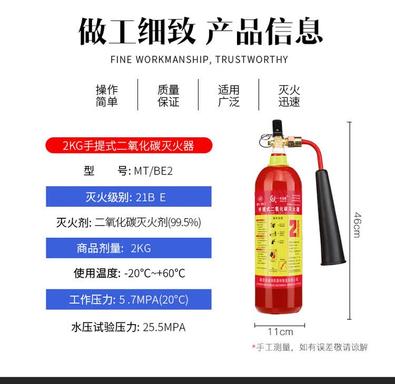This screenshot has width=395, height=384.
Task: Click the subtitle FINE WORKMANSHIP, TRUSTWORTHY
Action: [199, 59]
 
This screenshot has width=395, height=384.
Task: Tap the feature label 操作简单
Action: [107, 96]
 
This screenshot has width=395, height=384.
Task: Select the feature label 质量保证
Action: [169, 96]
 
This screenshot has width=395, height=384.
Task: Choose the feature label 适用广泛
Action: [229, 96]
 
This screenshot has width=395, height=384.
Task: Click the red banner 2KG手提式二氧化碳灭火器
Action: [129, 145]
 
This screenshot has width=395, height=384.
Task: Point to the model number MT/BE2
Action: [153, 171]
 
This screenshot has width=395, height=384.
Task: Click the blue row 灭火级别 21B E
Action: [129, 197]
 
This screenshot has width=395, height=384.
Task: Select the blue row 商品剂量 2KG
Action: [129, 248]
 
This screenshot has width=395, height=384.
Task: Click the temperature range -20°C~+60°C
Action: [155, 274]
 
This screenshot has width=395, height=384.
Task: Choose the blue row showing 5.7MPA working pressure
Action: [129, 299]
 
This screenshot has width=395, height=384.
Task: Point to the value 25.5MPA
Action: [164, 327]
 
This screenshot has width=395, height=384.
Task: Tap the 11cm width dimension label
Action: [280, 332]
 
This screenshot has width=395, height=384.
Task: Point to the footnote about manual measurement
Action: [309, 347]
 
